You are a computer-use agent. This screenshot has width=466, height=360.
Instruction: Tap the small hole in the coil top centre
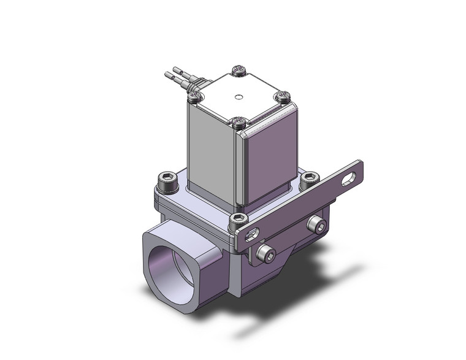pyautogui.click(x=239, y=97)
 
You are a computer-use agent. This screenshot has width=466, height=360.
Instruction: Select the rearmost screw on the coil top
pyautogui.click(x=239, y=71)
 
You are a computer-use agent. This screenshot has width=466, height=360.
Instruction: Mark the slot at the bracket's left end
pyautogui.click(x=253, y=234)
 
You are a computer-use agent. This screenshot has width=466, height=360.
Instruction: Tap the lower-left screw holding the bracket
pyautogui.click(x=265, y=253)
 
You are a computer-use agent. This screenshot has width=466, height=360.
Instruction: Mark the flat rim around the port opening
pyautogui.click(x=153, y=270)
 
